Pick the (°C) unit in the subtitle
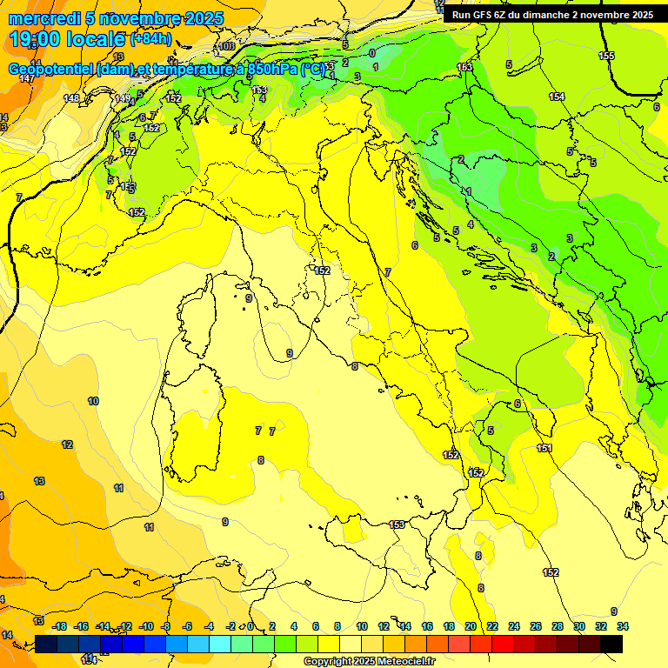tap(314, 69)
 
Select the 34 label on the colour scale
tap(622, 626)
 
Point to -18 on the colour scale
tap(59, 626)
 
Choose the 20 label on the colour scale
tap(470, 626)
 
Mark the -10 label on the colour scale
tap(146, 626)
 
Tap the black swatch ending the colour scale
tap(611, 644)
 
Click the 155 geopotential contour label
tap(606, 56)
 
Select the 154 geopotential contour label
tap(557, 97)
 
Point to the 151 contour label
tap(544, 448)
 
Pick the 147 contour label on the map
tap(26, 79)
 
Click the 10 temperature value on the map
tap(93, 401)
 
